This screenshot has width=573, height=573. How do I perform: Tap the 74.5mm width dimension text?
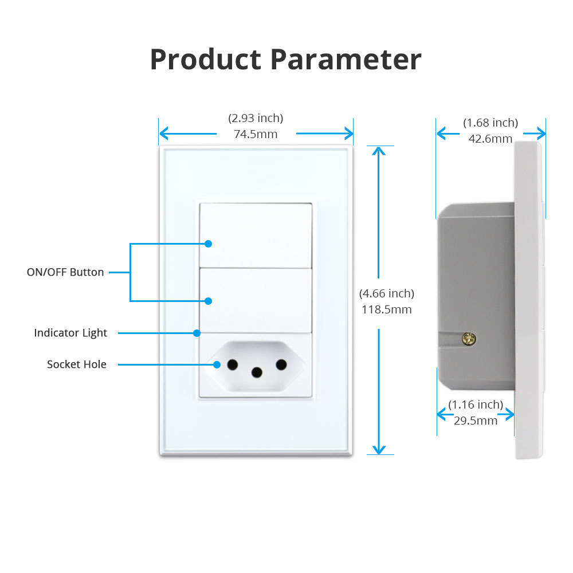click(x=256, y=135)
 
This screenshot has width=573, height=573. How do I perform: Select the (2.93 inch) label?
click(x=256, y=119)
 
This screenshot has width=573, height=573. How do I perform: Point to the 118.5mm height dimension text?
click(x=387, y=310)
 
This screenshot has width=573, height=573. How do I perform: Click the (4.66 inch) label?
click(x=387, y=294)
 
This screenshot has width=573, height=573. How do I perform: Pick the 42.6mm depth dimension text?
click(x=490, y=139)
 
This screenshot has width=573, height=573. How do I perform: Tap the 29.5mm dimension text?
click(x=476, y=421)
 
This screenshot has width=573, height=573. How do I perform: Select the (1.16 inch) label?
click(x=476, y=405)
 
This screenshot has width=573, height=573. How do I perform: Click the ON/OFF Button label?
click(x=65, y=272)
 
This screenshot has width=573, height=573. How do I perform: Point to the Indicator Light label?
click(x=70, y=333)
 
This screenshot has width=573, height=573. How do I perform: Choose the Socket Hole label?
click(x=77, y=364)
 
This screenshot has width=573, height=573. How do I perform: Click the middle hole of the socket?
click(x=257, y=373)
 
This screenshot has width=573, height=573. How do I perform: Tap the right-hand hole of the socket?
click(x=281, y=364)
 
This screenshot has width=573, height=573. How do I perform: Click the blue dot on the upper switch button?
click(x=209, y=244)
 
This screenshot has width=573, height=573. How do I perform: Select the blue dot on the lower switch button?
click(x=209, y=301)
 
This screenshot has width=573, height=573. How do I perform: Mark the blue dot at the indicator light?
click(x=197, y=333)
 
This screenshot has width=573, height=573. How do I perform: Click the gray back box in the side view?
click(x=476, y=275)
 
